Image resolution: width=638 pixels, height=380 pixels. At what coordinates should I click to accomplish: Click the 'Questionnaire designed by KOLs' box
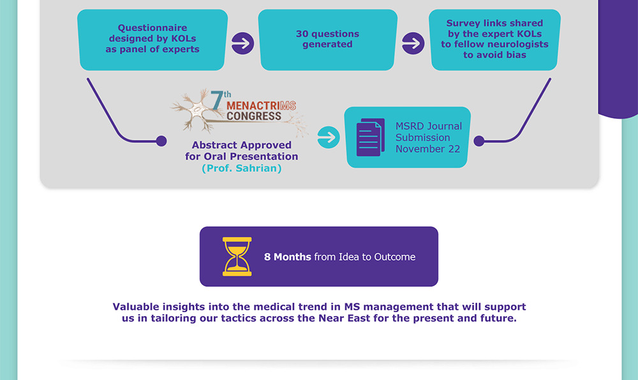click(x=152, y=39)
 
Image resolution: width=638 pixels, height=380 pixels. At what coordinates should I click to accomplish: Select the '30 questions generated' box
click(x=327, y=40)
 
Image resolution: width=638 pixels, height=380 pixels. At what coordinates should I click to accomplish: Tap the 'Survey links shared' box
click(x=495, y=40)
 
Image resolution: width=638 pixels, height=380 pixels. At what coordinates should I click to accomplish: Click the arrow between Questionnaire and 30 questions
click(x=242, y=43)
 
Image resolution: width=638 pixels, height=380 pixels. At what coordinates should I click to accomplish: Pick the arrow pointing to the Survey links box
click(x=413, y=43)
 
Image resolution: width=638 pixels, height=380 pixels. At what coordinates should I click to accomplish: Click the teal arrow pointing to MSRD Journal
click(x=328, y=137)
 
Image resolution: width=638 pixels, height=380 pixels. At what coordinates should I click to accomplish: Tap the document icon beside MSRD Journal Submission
click(x=370, y=137)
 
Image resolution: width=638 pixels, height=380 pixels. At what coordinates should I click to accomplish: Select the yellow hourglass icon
click(x=237, y=257)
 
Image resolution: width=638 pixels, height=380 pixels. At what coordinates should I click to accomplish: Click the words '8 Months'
click(x=288, y=257)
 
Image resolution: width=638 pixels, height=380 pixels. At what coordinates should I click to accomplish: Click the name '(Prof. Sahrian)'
click(x=241, y=169)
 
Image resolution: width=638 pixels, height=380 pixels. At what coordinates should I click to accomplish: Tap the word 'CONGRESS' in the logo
click(x=254, y=116)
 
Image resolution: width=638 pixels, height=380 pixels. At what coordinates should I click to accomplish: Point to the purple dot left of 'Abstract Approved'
click(x=161, y=141)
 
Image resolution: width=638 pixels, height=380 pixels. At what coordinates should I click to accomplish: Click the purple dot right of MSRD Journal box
click(x=479, y=141)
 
